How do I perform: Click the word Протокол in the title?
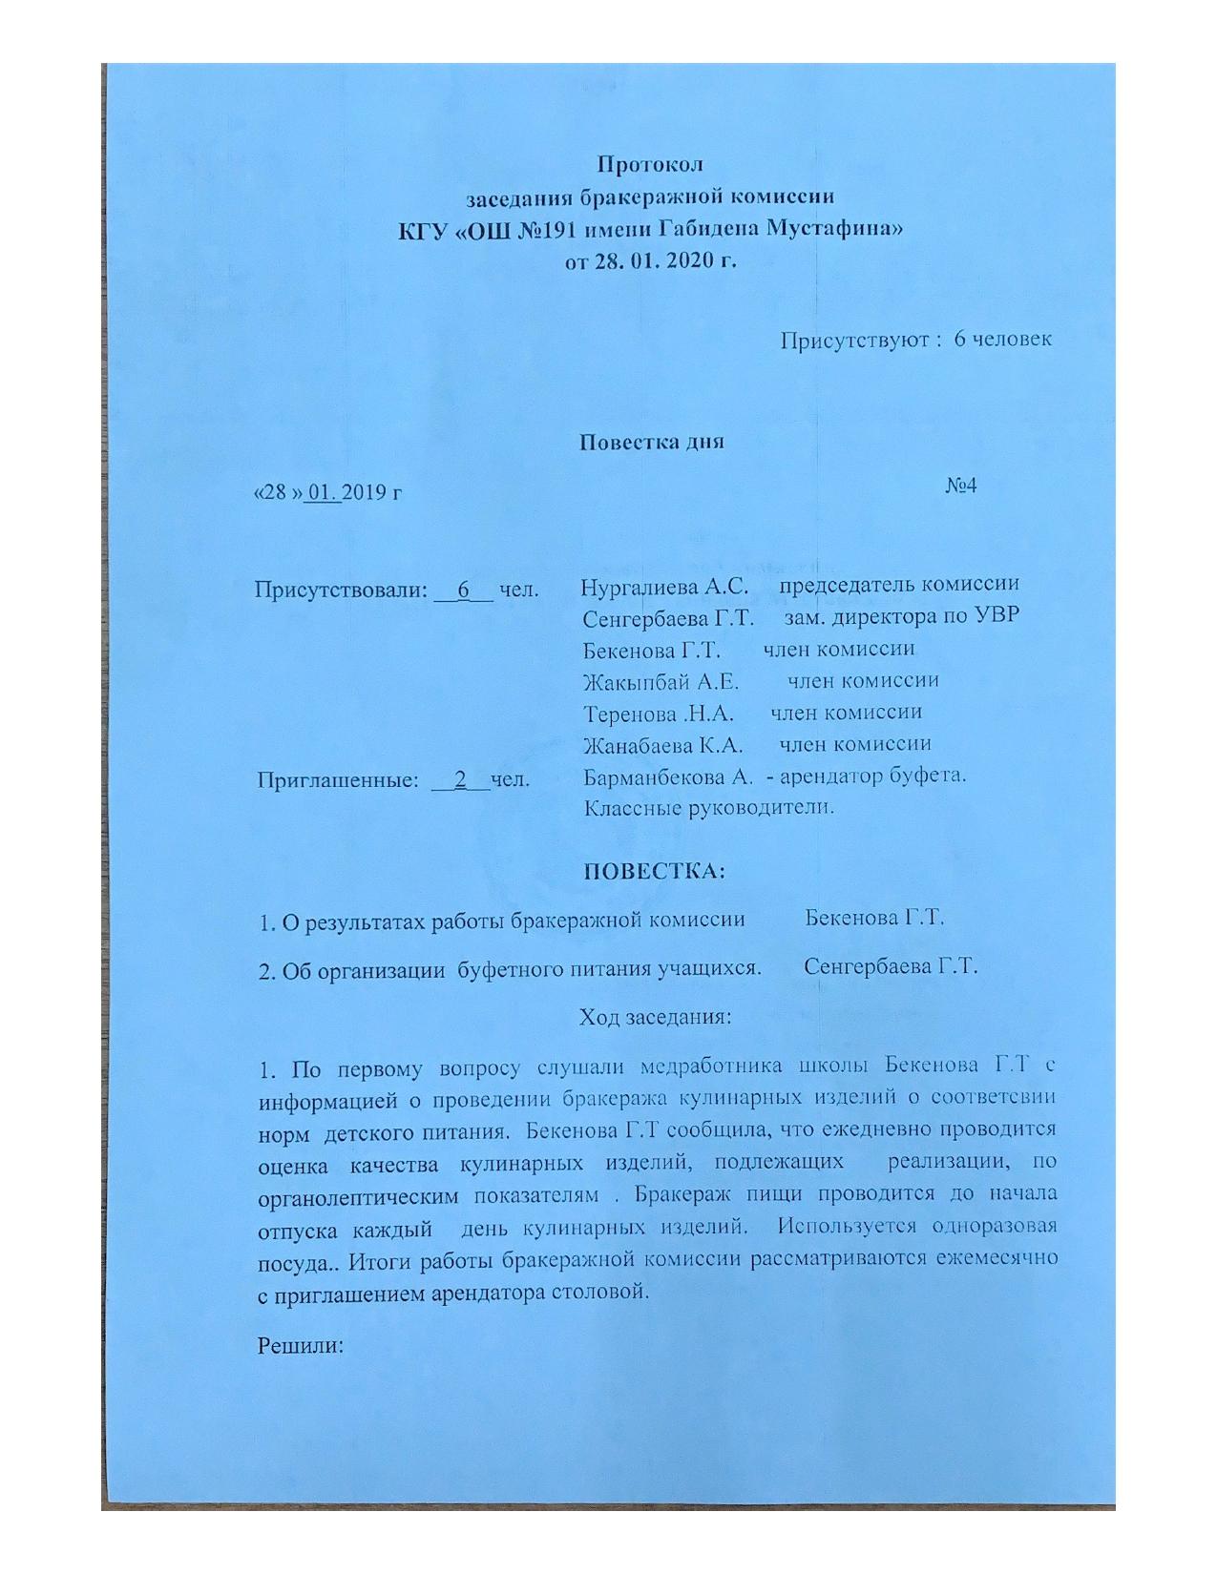tap(650, 165)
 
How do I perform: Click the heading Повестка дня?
tap(652, 443)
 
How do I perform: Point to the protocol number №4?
tap(961, 486)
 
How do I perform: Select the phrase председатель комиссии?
tap(899, 584)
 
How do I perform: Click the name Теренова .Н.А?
tap(658, 714)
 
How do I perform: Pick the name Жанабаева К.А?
tap(662, 745)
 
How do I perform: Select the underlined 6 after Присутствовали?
tap(464, 590)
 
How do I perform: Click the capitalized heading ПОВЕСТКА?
tap(654, 872)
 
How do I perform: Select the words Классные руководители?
tap(708, 808)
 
